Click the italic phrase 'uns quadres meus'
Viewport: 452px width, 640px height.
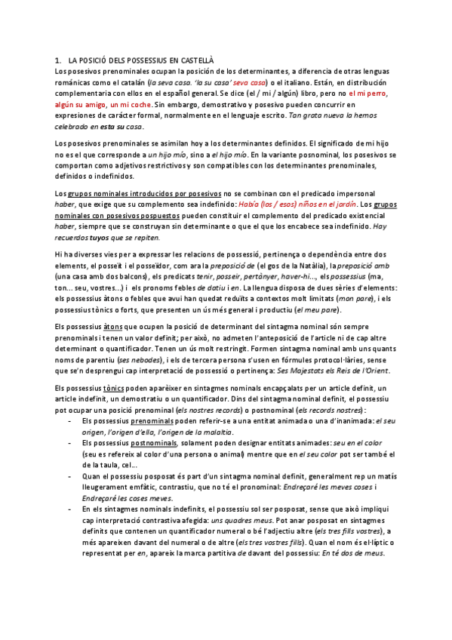238,520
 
